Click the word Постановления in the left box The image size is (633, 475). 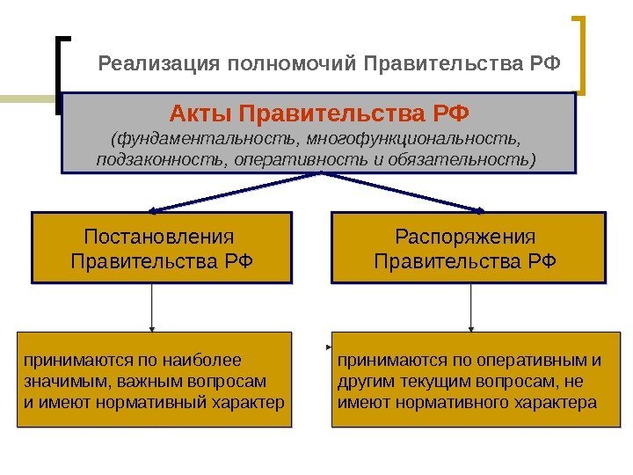[x=160, y=237]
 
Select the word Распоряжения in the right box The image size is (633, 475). [x=465, y=237]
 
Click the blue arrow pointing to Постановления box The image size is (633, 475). [x=233, y=192]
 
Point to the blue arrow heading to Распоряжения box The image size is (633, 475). [x=404, y=192]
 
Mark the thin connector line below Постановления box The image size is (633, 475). [x=154, y=307]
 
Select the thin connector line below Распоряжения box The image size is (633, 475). [x=472, y=307]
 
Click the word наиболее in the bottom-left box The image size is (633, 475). [x=209, y=360]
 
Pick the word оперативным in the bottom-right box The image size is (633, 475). [x=535, y=360]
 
